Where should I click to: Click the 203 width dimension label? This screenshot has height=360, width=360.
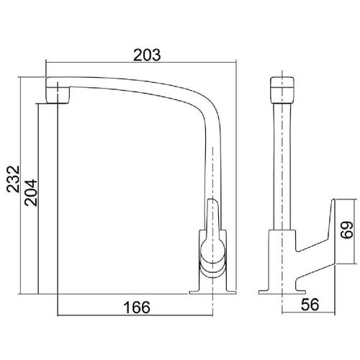pyautogui.click(x=147, y=55)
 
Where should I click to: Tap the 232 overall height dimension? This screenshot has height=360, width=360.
pyautogui.click(x=13, y=179)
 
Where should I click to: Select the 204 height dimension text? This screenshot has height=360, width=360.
pyautogui.click(x=31, y=192)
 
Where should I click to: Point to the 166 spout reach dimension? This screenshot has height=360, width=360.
pyautogui.click(x=137, y=307)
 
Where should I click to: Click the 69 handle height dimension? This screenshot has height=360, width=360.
pyautogui.click(x=347, y=230)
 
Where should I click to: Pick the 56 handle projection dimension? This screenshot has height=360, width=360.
pyautogui.click(x=310, y=305)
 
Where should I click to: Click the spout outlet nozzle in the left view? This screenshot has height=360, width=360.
pyautogui.click(x=58, y=95)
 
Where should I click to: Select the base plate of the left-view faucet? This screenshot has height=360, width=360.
pyautogui.click(x=212, y=292)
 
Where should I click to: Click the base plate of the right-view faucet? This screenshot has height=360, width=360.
pyautogui.click(x=282, y=292)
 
